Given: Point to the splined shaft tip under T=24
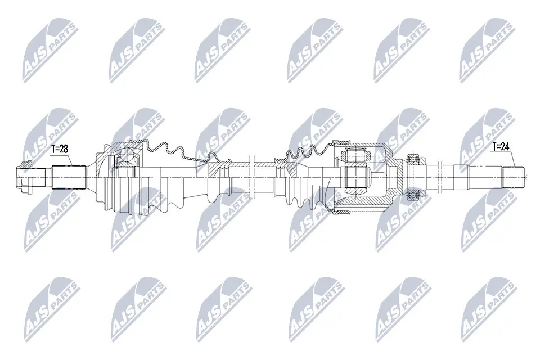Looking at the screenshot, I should [x=512, y=176].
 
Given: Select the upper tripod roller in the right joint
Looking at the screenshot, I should [x=355, y=155].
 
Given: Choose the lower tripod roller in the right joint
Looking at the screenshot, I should [x=355, y=180].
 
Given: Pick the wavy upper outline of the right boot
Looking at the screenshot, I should [x=307, y=148].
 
